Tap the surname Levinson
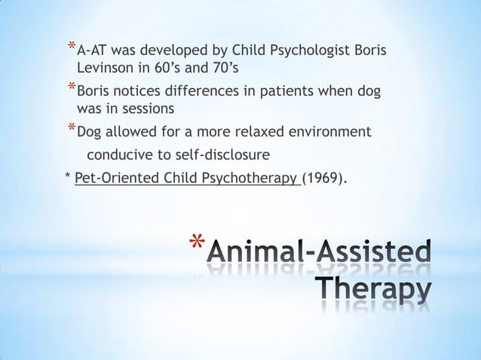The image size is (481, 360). [108, 69]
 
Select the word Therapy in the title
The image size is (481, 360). [372, 290]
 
